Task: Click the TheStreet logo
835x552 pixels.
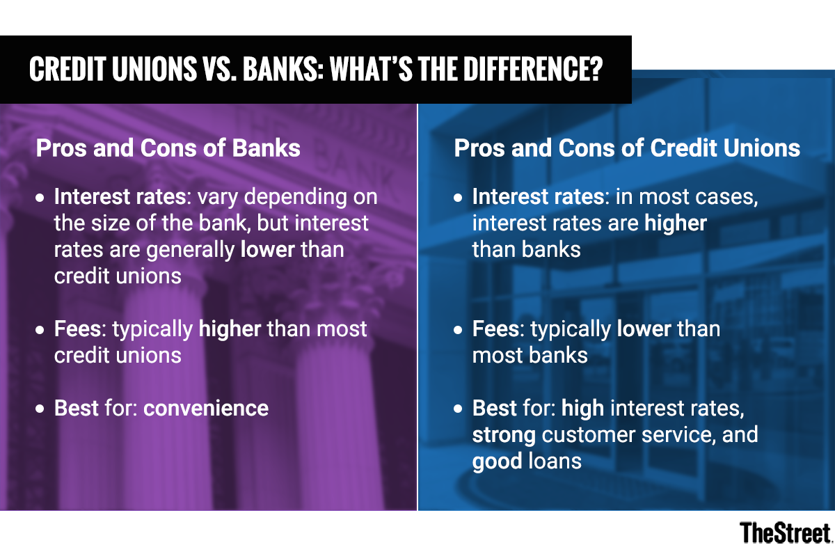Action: (786, 533)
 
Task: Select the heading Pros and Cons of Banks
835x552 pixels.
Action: (168, 148)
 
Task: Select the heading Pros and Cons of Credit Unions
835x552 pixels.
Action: (627, 148)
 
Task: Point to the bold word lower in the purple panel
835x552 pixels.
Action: (268, 249)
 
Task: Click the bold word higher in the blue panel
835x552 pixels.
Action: (676, 223)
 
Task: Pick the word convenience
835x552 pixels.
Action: (206, 408)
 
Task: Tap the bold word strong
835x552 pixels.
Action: (504, 435)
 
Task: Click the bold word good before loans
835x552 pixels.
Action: (498, 462)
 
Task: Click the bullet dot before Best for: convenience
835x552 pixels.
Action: (40, 409)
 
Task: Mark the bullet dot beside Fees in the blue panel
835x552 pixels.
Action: (458, 330)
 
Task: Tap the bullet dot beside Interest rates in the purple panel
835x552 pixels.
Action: (40, 198)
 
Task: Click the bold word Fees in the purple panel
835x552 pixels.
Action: (77, 329)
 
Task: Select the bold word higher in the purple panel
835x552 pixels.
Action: (230, 329)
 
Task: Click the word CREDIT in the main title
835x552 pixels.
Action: (67, 69)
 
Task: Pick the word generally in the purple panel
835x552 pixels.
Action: (191, 251)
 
